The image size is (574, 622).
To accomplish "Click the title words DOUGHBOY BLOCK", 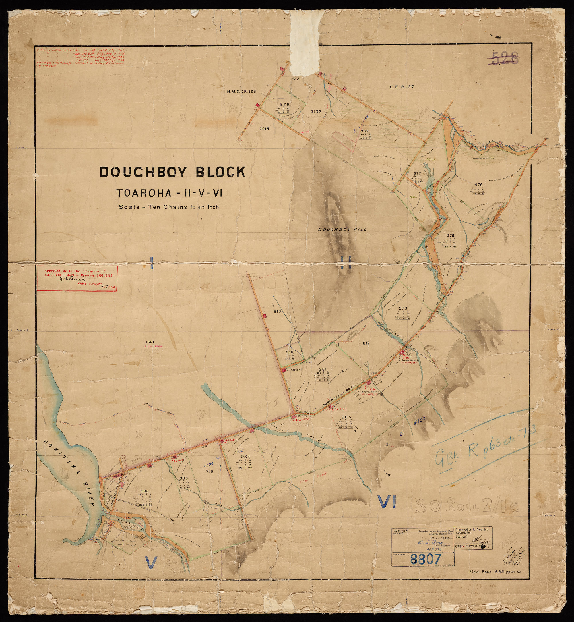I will pos(172,172).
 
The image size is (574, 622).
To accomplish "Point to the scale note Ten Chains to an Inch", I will pos(169,207).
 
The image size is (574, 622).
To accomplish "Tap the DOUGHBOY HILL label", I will pos(342,229).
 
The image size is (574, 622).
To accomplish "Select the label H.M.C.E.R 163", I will pos(241,92).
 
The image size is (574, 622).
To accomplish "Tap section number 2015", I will pos(265,128).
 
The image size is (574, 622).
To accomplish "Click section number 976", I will pos(479,185).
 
